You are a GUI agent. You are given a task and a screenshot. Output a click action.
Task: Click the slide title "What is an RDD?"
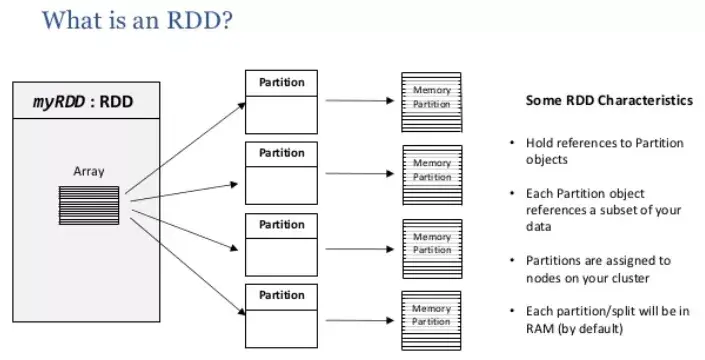point(137,20)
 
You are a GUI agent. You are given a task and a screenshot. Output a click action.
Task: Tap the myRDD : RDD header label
point(83,102)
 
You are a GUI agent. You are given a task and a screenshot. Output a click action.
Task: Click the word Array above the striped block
point(89,171)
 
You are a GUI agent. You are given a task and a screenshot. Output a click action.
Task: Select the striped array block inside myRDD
point(89,205)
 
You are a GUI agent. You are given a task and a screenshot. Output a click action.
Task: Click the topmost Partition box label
point(281,82)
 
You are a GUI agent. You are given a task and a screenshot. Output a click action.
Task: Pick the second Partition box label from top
point(281,153)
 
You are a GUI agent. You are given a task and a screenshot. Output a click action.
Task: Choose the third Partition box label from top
point(281,224)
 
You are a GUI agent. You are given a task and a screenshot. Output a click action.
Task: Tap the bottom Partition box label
point(281,295)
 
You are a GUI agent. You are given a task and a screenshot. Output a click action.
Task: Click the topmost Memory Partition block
point(432,102)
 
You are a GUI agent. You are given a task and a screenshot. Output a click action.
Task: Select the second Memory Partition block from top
point(433,175)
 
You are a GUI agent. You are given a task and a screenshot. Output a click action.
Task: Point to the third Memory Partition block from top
point(433,249)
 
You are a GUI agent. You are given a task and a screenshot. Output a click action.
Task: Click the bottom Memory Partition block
point(431,320)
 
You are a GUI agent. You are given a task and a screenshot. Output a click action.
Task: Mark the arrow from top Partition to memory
point(360,101)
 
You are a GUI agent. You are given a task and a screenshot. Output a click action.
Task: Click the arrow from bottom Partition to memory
point(360,320)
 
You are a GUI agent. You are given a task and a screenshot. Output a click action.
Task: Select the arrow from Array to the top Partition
point(186,148)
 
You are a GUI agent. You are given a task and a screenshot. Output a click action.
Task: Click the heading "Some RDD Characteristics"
point(609,100)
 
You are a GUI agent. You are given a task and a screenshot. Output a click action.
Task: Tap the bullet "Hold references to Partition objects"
point(604,151)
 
